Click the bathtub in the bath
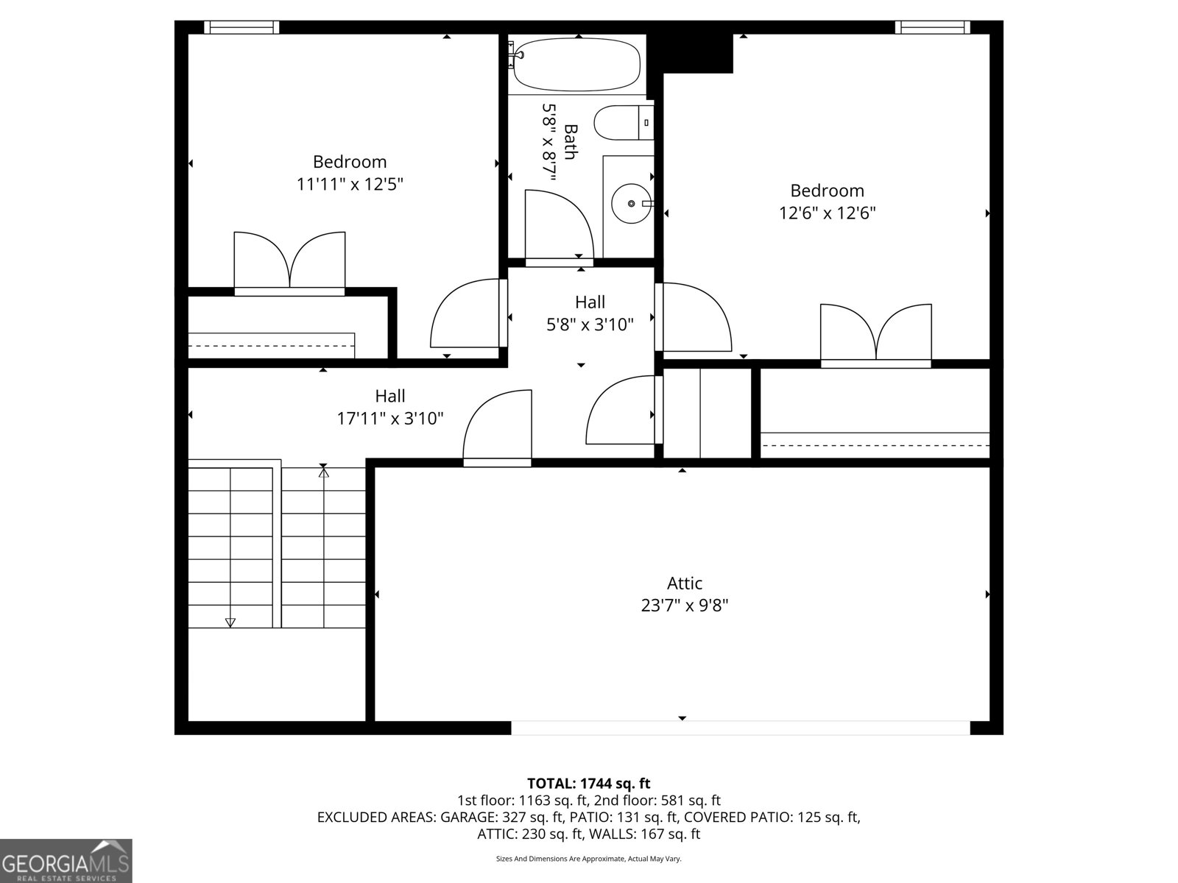tap(576, 65)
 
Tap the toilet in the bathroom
tap(623, 123)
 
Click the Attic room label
tap(685, 584)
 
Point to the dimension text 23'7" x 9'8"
tap(685, 606)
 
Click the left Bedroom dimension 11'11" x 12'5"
tap(350, 184)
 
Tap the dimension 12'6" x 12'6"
tap(827, 213)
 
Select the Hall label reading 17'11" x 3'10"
tap(390, 419)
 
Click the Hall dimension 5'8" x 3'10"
tap(590, 325)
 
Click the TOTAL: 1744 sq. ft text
tap(588, 784)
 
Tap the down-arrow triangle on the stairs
tap(230, 623)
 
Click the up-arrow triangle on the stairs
tap(323, 472)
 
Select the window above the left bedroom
tap(241, 27)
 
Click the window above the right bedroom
tap(932, 27)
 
